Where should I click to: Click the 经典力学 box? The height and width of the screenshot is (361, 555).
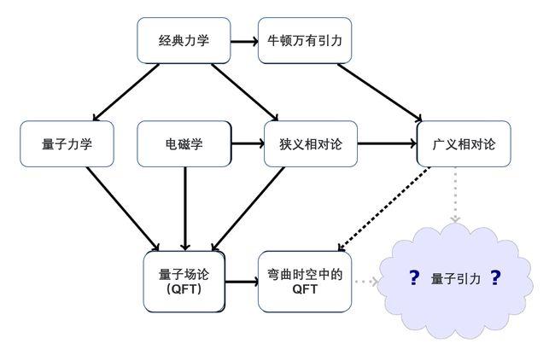[x=184, y=40]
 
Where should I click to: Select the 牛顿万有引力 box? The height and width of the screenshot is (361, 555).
[x=305, y=40]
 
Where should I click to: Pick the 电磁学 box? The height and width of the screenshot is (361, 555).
[x=184, y=143]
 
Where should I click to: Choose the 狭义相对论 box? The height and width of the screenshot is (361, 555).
[x=311, y=143]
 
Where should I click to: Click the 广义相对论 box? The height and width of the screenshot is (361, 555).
[x=464, y=143]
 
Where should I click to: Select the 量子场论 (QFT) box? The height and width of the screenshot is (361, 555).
[x=184, y=281]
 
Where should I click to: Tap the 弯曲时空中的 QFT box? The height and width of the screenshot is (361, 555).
[x=305, y=281]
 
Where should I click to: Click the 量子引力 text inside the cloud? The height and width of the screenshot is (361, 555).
[x=456, y=279]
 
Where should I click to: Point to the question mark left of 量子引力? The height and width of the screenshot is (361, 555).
[x=414, y=278]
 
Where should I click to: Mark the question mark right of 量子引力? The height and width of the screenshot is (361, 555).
[x=494, y=278]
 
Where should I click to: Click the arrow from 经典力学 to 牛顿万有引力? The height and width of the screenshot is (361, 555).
[x=244, y=40]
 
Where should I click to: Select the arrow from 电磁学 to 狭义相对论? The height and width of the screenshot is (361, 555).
[x=248, y=143]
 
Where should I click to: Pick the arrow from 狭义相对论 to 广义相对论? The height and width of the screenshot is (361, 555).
[x=386, y=143]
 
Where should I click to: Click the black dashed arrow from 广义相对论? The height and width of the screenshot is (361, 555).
[x=384, y=209]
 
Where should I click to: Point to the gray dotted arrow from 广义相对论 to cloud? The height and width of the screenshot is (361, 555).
[x=455, y=195]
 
